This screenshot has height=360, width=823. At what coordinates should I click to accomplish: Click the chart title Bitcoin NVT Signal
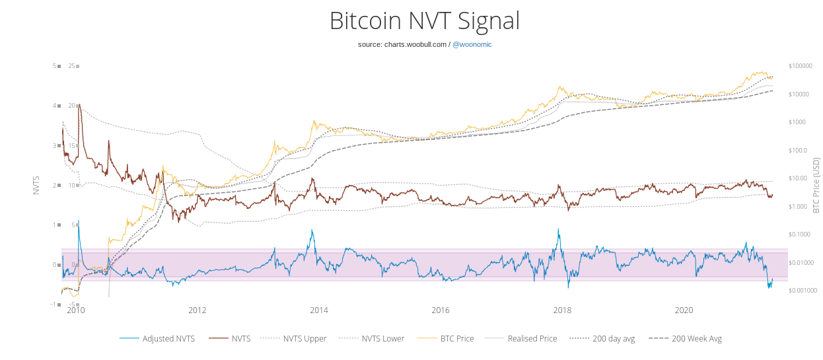(x=424, y=20)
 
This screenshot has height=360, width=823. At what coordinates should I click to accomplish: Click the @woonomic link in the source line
(x=472, y=44)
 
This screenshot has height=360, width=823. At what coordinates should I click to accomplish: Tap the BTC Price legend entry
(x=456, y=339)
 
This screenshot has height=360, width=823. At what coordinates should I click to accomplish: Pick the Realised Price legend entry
(x=532, y=339)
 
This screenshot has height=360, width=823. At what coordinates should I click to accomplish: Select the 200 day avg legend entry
(x=614, y=339)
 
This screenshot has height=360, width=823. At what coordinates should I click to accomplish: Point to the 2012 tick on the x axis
(x=197, y=310)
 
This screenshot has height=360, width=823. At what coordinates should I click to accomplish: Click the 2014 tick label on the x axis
(x=319, y=310)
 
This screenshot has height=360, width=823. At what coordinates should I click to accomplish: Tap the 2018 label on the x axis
(x=562, y=310)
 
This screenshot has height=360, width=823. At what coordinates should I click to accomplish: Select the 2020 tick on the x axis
(x=684, y=310)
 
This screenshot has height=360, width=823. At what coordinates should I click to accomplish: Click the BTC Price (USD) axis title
(x=816, y=185)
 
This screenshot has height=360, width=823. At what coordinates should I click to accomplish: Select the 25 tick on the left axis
(x=71, y=66)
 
